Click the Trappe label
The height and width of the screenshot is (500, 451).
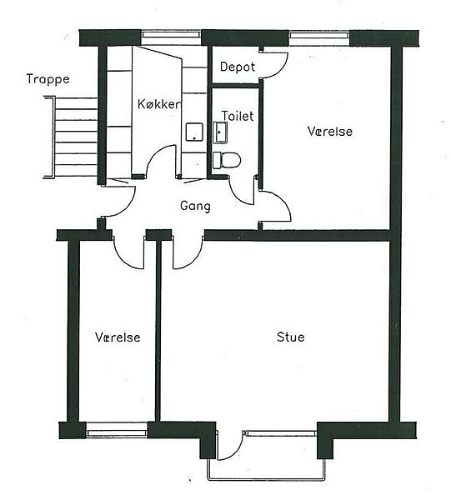(48, 79)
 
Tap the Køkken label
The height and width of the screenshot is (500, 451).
(159, 104)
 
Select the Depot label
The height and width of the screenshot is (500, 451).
(238, 67)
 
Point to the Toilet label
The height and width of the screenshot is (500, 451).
(238, 116)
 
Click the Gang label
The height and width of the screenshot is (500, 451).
(195, 206)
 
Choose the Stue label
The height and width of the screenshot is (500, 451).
(291, 337)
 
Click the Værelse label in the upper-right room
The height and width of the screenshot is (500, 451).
(330, 132)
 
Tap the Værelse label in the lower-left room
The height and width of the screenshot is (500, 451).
(118, 337)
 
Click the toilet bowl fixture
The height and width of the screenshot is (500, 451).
(227, 160)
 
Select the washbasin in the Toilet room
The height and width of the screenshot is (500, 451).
(220, 132)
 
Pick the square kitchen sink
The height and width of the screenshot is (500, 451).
(194, 132)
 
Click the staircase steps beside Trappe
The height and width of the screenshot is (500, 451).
(71, 137)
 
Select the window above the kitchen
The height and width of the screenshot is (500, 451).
(171, 35)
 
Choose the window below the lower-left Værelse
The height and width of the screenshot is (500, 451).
(117, 432)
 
